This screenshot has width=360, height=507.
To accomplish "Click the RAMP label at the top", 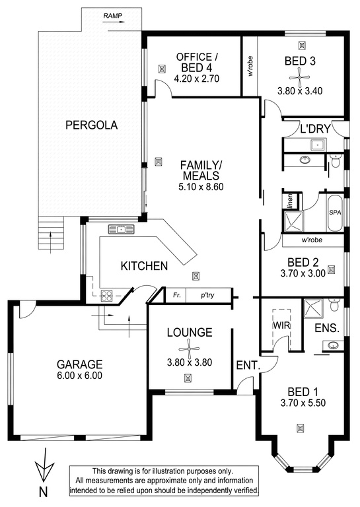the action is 112,16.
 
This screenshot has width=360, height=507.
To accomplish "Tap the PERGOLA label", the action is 92,125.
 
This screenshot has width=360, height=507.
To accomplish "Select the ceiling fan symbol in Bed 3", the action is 299,78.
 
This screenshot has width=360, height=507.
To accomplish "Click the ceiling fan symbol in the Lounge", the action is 189,349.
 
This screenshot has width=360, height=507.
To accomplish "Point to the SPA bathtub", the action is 335,213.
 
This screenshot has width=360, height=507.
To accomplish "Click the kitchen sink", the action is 121,229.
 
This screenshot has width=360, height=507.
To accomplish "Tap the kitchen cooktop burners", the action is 107,296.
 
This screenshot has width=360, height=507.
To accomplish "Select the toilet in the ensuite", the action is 334,304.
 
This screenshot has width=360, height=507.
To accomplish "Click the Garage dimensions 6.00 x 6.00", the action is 79,376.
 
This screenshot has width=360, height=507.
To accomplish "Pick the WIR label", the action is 281,325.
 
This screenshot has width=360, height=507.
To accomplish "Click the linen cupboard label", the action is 290,201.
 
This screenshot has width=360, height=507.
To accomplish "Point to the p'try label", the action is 207,295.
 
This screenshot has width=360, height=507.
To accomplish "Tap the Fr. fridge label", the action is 176,295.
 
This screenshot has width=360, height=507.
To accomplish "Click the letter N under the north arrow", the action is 44,492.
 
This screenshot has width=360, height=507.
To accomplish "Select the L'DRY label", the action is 315,129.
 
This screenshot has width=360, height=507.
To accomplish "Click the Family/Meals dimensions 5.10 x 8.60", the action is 201,187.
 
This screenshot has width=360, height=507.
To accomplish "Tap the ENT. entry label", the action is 248,365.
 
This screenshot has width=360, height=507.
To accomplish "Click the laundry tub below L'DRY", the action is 318,144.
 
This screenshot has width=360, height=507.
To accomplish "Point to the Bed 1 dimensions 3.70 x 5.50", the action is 303,403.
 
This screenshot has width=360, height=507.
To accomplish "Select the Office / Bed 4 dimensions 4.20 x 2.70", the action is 197,79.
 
